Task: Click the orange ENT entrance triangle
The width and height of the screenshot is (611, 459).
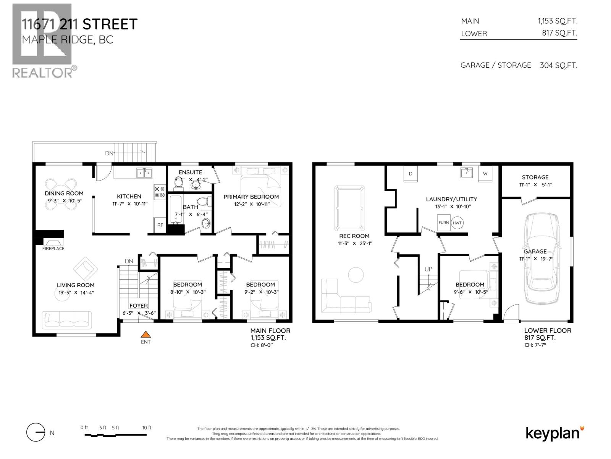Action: [145, 335]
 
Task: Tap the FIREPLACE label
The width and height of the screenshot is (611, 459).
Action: [53, 249]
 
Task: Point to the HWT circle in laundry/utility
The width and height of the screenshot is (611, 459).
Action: [457, 223]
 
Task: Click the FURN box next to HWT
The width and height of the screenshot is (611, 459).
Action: [443, 223]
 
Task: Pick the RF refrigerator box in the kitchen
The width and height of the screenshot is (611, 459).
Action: [160, 225]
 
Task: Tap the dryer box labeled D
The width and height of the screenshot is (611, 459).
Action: [411, 174]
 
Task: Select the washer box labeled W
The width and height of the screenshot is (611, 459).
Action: [485, 174]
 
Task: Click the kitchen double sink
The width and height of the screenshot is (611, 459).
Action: [144, 173]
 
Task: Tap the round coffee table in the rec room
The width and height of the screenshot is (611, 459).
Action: [356, 275]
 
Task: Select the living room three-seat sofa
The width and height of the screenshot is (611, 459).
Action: [67, 320]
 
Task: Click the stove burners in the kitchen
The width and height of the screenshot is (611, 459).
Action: [159, 192]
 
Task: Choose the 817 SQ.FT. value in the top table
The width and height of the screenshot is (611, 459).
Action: [559, 33]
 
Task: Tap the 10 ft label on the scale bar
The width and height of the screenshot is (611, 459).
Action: [147, 428]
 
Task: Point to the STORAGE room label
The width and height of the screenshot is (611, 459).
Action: [535, 177]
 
